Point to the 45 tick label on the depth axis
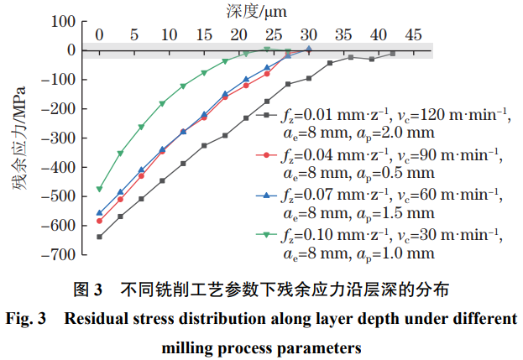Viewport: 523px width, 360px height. [412, 35]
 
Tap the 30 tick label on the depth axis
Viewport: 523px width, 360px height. [308, 35]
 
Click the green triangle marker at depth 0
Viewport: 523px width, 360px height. [99, 189]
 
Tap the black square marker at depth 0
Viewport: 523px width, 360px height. [99, 237]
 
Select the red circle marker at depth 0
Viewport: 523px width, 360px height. [99, 221]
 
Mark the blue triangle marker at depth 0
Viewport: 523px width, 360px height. [99, 213]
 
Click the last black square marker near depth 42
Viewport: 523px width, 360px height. [392, 54]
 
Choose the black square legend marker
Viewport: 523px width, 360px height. [267, 114]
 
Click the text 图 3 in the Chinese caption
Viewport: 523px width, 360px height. [88, 290]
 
